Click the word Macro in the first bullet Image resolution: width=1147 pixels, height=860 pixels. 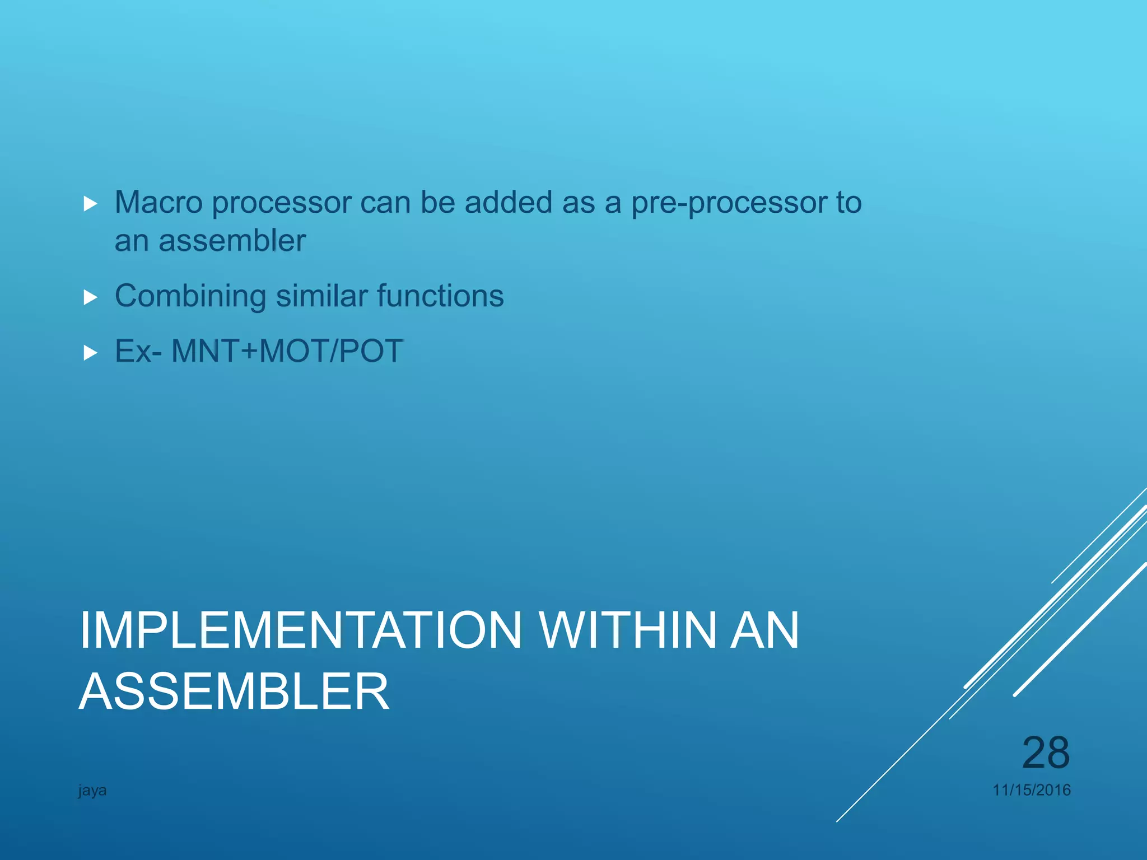tap(158, 202)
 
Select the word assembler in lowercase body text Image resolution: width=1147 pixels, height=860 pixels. tap(232, 241)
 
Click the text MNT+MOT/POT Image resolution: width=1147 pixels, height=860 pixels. tap(287, 352)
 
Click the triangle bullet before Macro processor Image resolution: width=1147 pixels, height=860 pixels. tap(90, 204)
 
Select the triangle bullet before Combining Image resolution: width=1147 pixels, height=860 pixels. tap(90, 297)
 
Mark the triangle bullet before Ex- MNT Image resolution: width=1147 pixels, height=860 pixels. tap(90, 353)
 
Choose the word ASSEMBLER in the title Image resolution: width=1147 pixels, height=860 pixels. tap(234, 692)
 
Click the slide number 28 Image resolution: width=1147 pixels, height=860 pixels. tap(1046, 753)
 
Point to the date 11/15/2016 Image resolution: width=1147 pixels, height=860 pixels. tap(1031, 790)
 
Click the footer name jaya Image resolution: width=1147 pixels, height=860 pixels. tap(92, 791)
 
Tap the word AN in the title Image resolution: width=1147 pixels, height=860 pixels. tap(764, 630)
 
